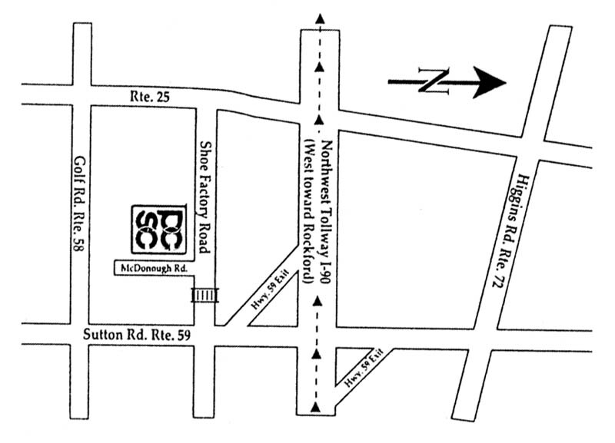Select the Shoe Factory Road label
204,197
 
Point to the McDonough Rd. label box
151,268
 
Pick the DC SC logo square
157,228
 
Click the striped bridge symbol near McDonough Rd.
204,295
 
